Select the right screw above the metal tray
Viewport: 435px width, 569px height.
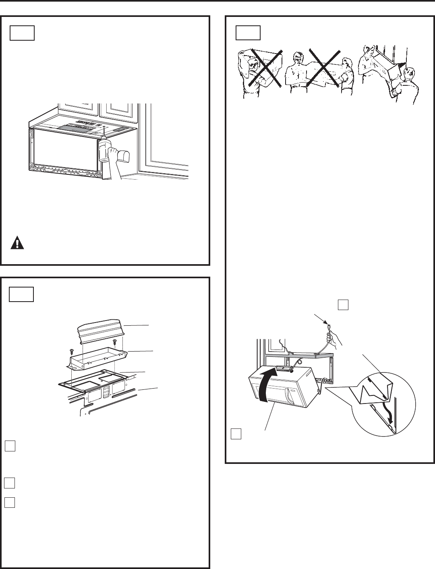[115, 341]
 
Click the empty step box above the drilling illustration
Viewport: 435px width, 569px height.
[22, 33]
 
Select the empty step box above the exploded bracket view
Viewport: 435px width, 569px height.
[22, 294]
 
